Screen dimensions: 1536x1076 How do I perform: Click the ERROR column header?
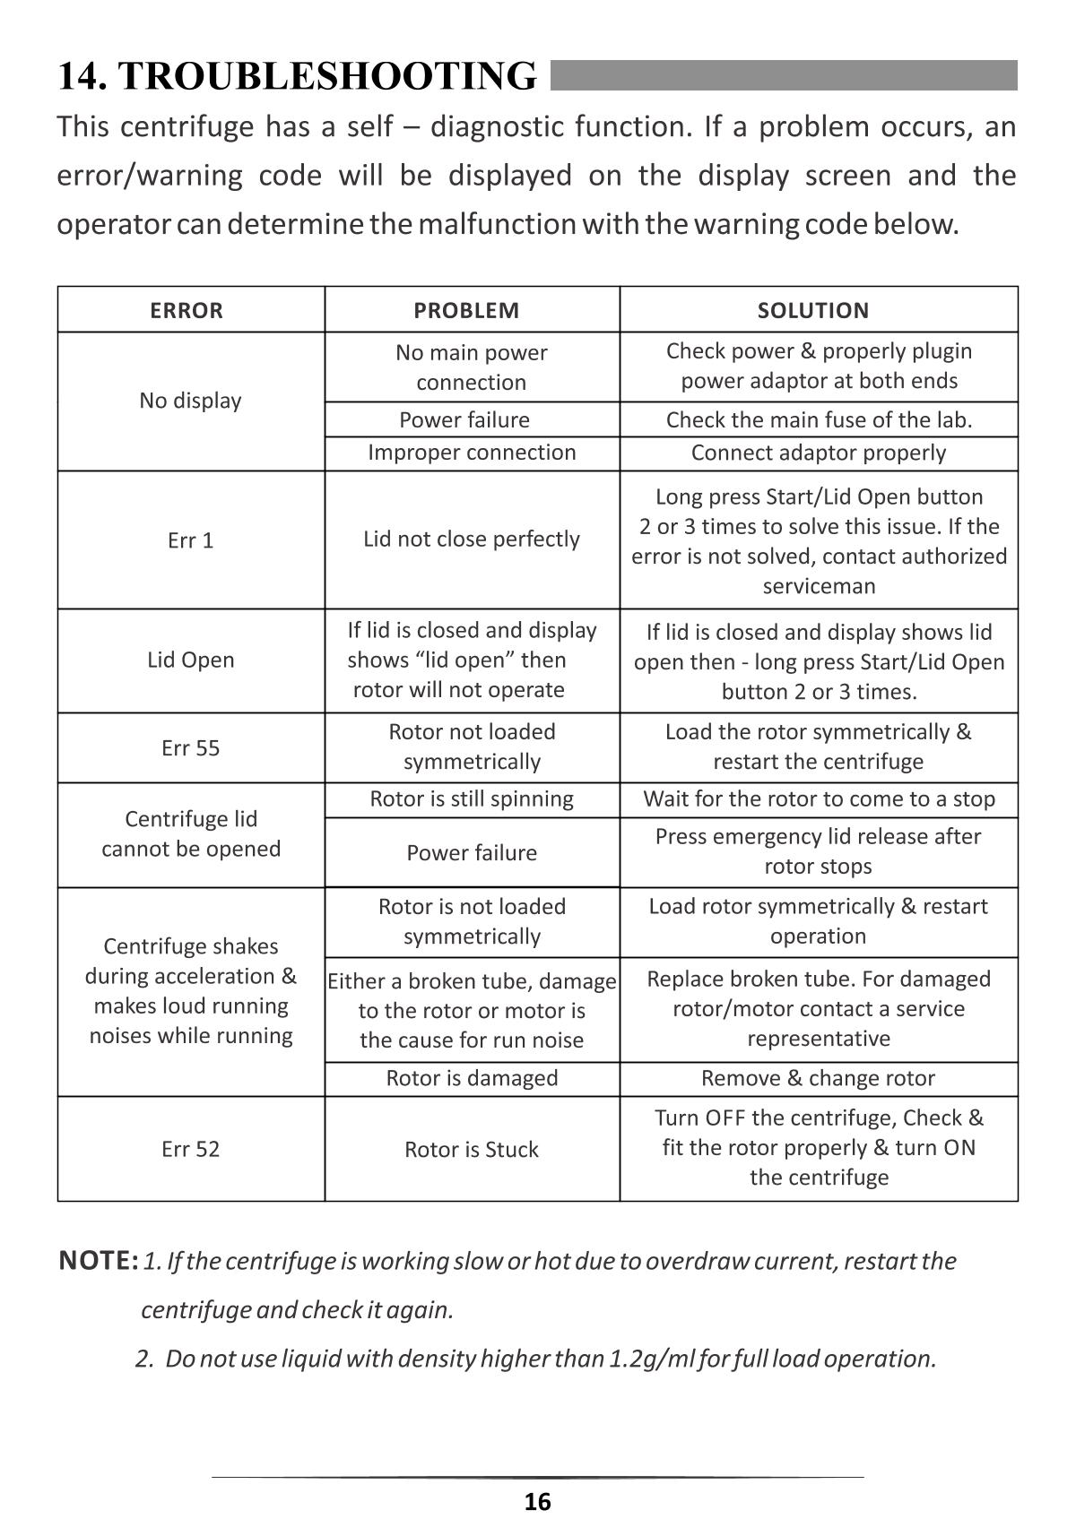click(x=187, y=310)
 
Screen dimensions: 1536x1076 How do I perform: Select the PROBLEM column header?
click(x=466, y=310)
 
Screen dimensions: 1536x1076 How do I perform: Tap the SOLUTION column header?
click(x=813, y=310)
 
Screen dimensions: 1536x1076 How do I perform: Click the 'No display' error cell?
click(x=190, y=401)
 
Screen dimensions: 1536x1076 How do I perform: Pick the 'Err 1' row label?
click(x=190, y=540)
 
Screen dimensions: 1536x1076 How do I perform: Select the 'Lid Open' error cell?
click(x=190, y=660)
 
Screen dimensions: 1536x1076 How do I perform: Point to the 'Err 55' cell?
click(x=190, y=748)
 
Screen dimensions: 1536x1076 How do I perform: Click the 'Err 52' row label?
click(x=190, y=1149)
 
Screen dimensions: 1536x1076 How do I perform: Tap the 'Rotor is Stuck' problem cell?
click(x=472, y=1150)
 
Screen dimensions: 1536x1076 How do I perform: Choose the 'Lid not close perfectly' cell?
click(x=472, y=539)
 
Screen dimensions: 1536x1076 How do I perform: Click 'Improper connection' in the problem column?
click(x=472, y=453)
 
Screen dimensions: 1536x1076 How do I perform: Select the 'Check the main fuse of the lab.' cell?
click(x=819, y=419)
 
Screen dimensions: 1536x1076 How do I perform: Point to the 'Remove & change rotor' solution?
click(x=818, y=1078)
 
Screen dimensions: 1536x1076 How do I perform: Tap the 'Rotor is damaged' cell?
click(x=472, y=1078)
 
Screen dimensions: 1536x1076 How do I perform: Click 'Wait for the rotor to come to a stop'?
click(x=819, y=799)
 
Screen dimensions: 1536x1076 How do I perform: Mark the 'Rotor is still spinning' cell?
click(x=472, y=799)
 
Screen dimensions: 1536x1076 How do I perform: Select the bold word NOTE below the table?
click(x=97, y=1261)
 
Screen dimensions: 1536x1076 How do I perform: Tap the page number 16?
click(x=537, y=1502)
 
